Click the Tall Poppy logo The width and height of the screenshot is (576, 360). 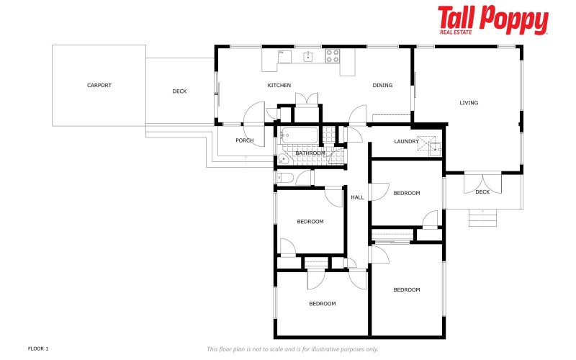[492, 20]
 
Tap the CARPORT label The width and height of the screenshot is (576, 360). [99, 85]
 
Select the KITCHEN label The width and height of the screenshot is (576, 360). [279, 85]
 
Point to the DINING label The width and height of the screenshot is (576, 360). [382, 85]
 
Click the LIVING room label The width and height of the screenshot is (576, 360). [469, 103]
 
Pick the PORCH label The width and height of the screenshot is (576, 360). [245, 140]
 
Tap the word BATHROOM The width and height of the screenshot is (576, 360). [310, 153]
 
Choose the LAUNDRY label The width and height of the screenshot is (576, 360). [406, 141]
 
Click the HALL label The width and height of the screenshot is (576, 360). [357, 197]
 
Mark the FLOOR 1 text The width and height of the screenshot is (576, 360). [38, 348]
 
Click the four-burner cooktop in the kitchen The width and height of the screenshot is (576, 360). [333, 55]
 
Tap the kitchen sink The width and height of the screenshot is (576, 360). [307, 56]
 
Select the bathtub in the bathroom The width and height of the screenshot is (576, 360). [298, 135]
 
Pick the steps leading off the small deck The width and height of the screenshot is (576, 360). [482, 217]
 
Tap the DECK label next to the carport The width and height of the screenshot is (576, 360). [179, 91]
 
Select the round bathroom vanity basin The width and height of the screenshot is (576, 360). [283, 158]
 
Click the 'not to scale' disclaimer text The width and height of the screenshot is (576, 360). [292, 349]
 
